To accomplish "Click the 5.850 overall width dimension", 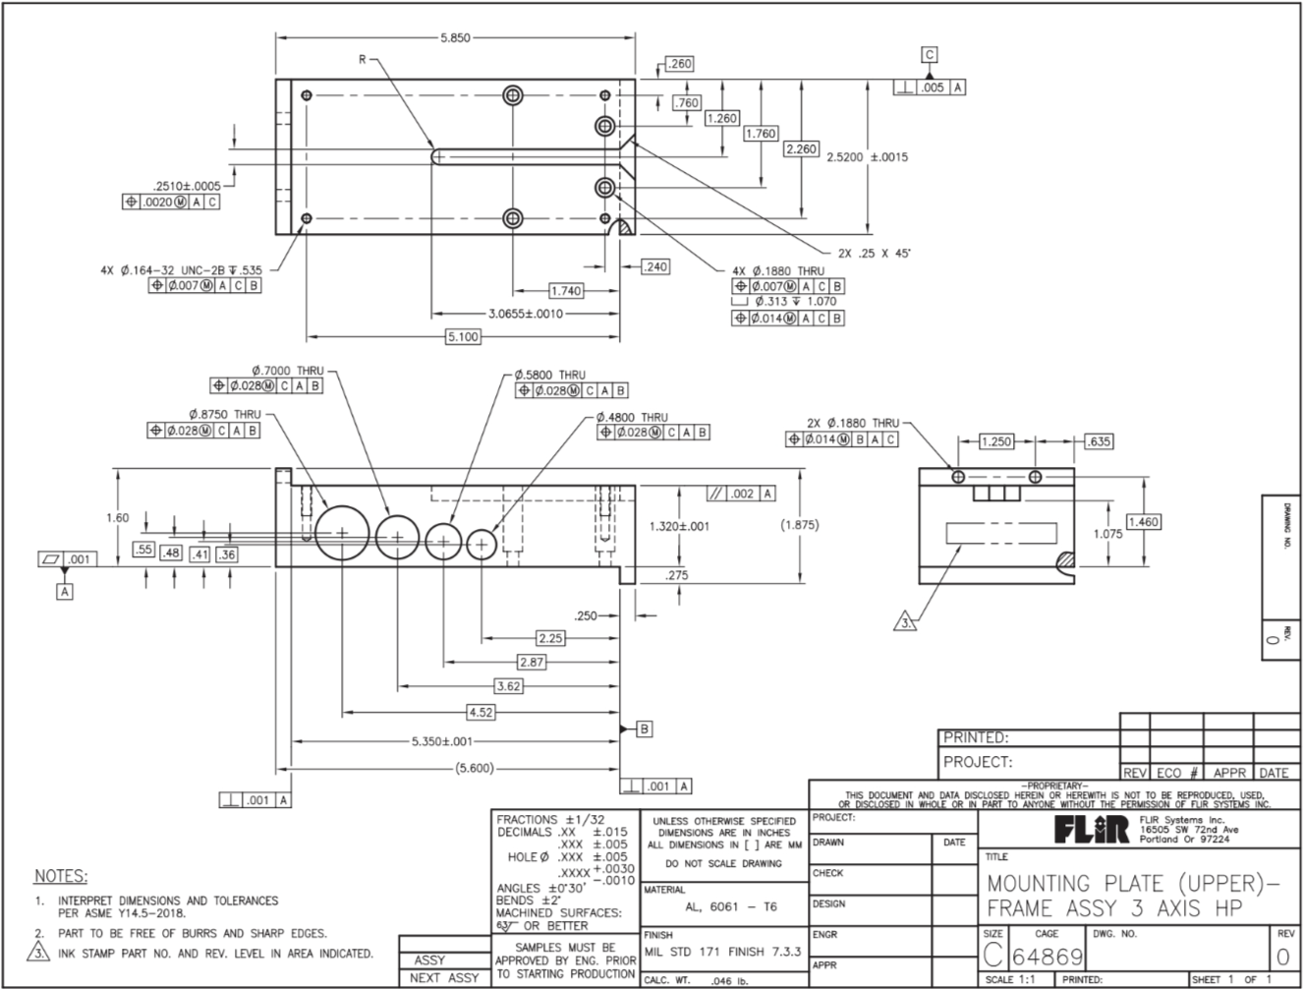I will [x=456, y=38].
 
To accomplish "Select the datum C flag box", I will [x=930, y=55].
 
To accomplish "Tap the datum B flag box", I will [x=645, y=728].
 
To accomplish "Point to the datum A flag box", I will [x=65, y=592].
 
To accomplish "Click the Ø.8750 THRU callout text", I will [x=225, y=415].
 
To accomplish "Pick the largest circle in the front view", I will [x=342, y=532].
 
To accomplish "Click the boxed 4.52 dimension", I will [x=481, y=712].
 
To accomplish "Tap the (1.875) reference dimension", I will [x=798, y=525].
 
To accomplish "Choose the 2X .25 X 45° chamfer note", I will [x=880, y=253].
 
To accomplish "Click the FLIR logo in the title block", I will [x=1092, y=831].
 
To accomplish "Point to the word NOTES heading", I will [x=61, y=876].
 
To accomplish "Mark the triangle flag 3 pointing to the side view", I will [x=905, y=621].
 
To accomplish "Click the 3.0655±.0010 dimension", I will [x=526, y=314].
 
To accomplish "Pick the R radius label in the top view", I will [x=362, y=60].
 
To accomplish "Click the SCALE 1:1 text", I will [x=1012, y=980].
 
